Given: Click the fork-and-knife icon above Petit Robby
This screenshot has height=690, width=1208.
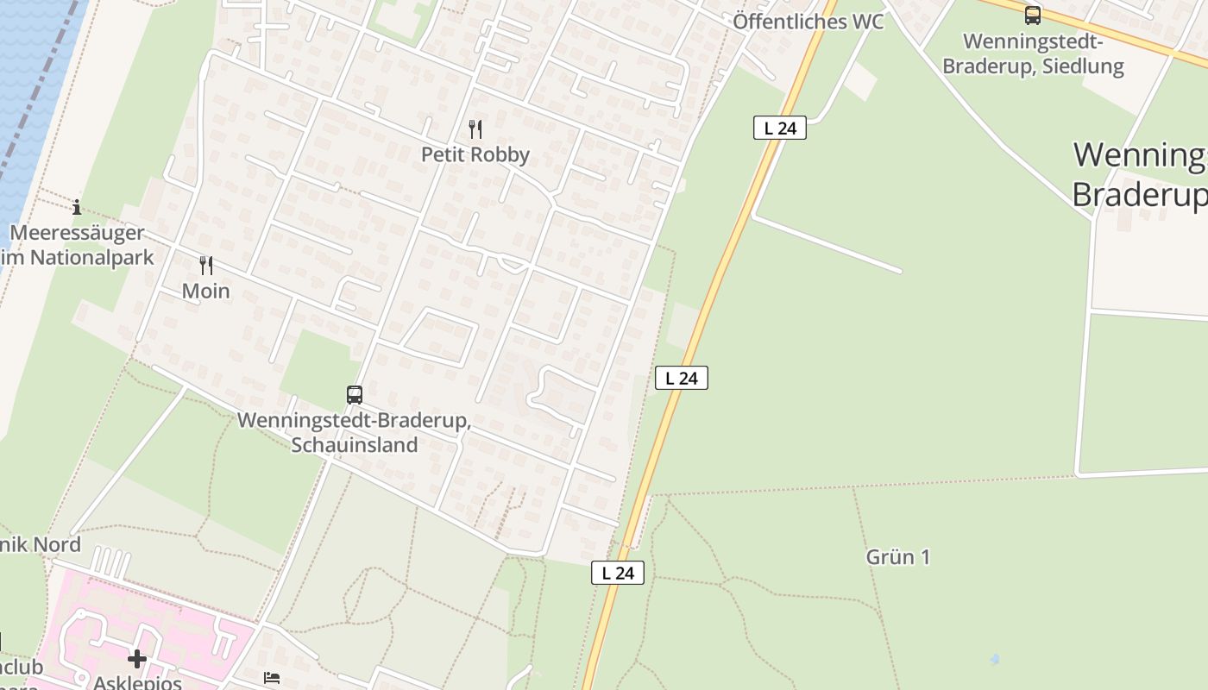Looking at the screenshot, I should click(x=475, y=129).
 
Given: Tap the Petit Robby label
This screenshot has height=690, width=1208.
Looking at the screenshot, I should click(x=475, y=154).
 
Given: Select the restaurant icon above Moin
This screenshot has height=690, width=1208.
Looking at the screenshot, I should click(x=205, y=265).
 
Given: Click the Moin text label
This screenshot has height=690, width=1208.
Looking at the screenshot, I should click(x=205, y=291).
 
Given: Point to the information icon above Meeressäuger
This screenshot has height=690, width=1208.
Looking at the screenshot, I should click(x=77, y=207).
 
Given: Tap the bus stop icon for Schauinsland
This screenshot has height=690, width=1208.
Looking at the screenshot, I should click(x=354, y=395).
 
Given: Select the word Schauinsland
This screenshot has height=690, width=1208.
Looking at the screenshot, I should click(x=354, y=445).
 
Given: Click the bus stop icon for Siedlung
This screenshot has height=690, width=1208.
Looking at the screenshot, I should click(x=1032, y=16).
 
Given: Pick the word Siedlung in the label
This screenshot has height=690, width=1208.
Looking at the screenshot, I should click(x=1082, y=66).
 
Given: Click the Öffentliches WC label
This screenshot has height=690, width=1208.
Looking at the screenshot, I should click(x=808, y=22).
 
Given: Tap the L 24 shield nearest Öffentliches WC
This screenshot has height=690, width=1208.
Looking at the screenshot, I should click(x=780, y=129).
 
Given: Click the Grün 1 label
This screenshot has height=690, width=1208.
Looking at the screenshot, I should click(x=897, y=557).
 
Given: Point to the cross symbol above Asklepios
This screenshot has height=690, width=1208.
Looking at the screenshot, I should click(x=136, y=660).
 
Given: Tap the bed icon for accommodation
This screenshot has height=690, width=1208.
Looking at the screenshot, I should click(x=272, y=678).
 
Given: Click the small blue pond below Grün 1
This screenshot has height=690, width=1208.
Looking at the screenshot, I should click(x=994, y=659).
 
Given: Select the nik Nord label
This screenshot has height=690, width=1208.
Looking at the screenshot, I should click(x=41, y=544).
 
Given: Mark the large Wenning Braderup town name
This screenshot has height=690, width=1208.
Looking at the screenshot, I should click(x=1139, y=175).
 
